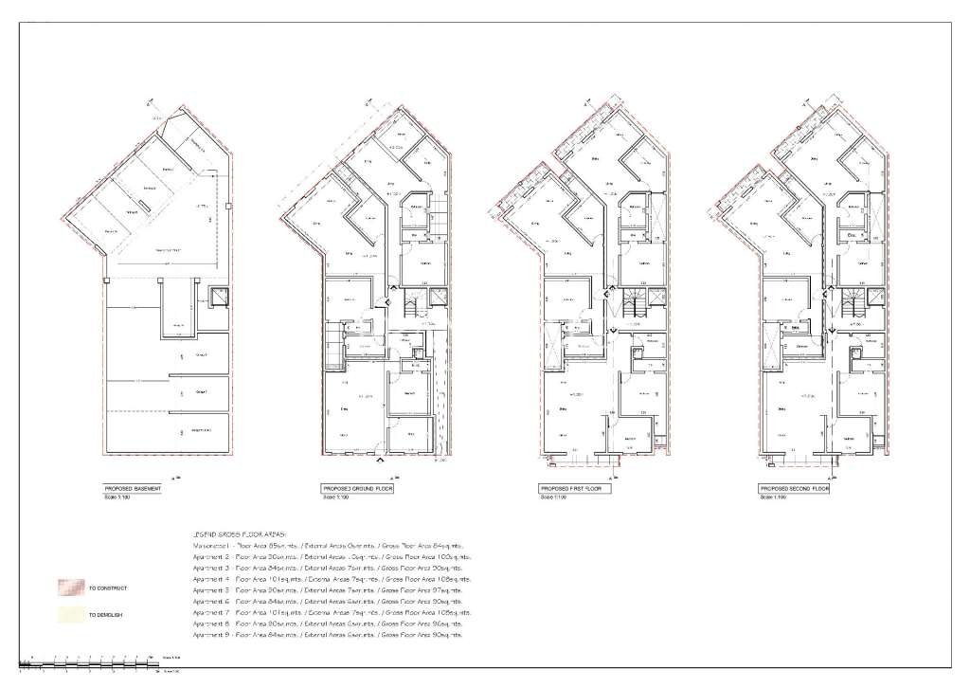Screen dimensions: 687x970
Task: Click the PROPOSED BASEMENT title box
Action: [133, 489]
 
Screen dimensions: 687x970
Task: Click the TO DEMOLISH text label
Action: [105, 616]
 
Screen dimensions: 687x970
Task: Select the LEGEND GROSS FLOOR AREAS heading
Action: [238, 535]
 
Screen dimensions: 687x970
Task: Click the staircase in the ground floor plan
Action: [411, 306]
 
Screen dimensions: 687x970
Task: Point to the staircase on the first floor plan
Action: [631, 306]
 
